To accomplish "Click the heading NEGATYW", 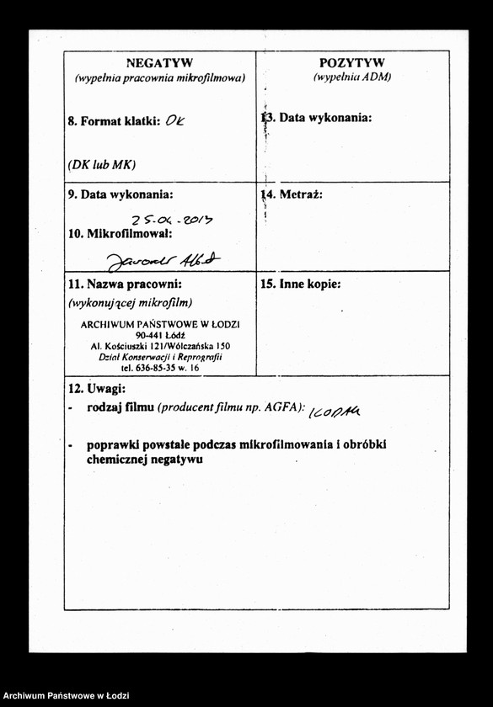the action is click(159, 62).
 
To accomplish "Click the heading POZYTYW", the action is click(352, 62).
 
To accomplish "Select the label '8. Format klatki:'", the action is click(114, 121).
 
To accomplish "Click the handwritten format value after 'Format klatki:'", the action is click(175, 120).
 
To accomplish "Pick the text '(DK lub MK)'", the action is click(102, 164).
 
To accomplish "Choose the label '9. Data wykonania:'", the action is click(121, 194).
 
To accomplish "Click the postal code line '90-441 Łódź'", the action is click(160, 335).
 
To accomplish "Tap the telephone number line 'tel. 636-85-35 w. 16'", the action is click(160, 368).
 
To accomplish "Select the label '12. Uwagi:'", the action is click(96, 389).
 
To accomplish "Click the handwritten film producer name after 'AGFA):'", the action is click(335, 410).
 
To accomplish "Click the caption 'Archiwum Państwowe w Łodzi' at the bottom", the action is click(66, 696).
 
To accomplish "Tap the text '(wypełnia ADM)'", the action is click(352, 77).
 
